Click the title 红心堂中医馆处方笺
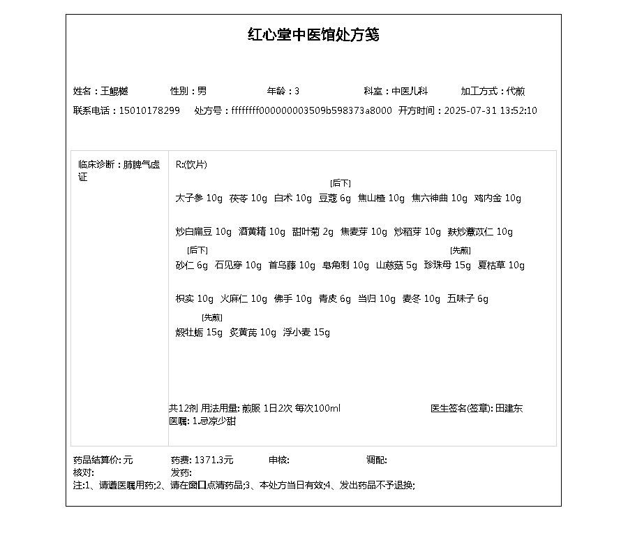click(x=313, y=35)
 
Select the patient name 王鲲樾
click(x=114, y=91)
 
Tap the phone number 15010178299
click(x=149, y=110)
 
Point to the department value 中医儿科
click(x=410, y=91)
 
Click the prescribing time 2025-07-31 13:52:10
click(x=491, y=110)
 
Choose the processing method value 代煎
click(x=516, y=91)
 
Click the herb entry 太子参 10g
click(x=199, y=198)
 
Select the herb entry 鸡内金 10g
click(x=498, y=198)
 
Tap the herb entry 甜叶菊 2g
click(x=313, y=232)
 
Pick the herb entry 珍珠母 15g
click(x=447, y=266)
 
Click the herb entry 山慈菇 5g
click(x=396, y=266)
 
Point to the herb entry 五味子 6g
click(x=468, y=299)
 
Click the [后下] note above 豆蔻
click(x=341, y=183)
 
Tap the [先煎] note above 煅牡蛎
click(x=212, y=317)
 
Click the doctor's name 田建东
click(x=509, y=408)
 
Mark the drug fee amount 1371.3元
click(x=214, y=460)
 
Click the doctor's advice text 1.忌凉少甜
click(x=214, y=421)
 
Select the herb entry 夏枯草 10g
click(x=501, y=266)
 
